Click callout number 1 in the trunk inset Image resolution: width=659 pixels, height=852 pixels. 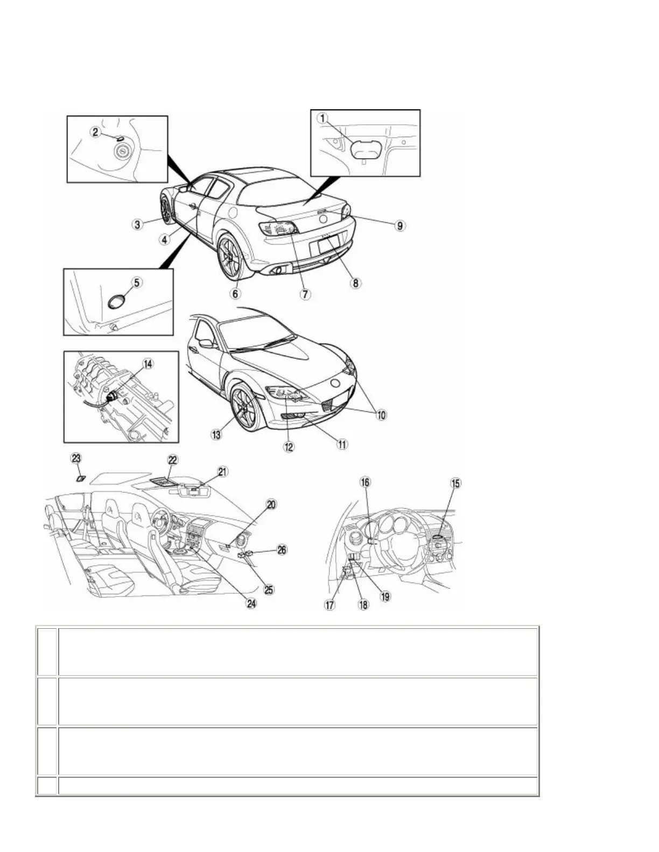click(x=322, y=118)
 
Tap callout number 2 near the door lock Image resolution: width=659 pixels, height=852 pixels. click(x=95, y=131)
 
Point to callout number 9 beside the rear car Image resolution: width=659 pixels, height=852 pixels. click(x=399, y=225)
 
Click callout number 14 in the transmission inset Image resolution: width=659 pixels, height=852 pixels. click(x=147, y=364)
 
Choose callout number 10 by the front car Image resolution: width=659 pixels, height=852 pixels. click(x=381, y=415)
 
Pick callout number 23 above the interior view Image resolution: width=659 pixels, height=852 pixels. click(x=76, y=458)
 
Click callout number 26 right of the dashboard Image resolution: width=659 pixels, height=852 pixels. click(x=282, y=550)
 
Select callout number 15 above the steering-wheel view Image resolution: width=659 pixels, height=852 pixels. click(x=455, y=483)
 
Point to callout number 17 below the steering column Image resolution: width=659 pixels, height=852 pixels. click(x=329, y=605)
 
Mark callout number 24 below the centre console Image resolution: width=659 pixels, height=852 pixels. click(x=251, y=603)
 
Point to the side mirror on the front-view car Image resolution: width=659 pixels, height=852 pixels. click(x=206, y=343)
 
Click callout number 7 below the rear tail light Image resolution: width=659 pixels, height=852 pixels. click(x=305, y=294)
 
